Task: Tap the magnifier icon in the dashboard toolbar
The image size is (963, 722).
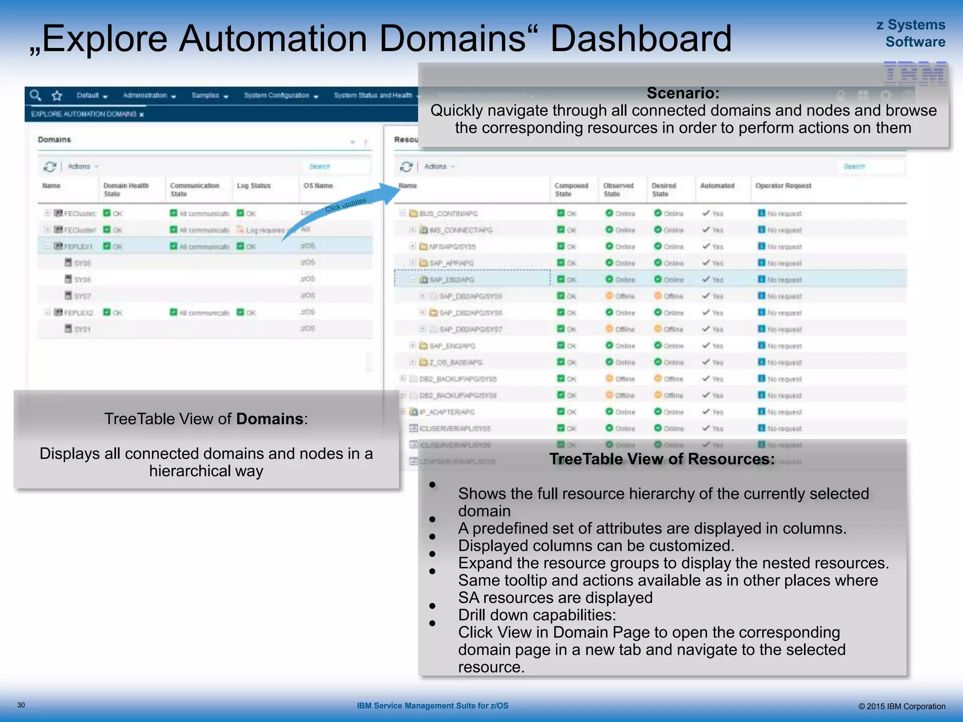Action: point(35,95)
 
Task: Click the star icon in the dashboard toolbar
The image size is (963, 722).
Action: point(57,96)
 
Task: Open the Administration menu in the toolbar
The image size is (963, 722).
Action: point(149,95)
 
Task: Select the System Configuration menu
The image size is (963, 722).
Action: point(281,95)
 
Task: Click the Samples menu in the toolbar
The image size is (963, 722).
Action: point(209,95)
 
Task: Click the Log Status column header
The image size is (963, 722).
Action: point(254,186)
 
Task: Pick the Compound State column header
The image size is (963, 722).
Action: point(571,189)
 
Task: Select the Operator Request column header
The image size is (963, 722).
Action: point(783,186)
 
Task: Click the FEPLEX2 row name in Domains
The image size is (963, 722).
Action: point(79,313)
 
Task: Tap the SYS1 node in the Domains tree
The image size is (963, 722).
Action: point(82,329)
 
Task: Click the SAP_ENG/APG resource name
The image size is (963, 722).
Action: point(452,346)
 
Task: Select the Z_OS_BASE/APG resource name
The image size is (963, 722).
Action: point(456,362)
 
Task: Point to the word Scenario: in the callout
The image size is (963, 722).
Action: point(683,93)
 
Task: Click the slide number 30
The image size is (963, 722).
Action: point(21,705)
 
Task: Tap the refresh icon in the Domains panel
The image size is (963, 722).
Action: point(49,166)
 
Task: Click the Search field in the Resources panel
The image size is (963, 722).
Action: point(870,166)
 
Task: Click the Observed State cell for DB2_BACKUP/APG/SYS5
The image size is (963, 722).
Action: point(620,379)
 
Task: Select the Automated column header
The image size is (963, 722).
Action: point(717,186)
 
